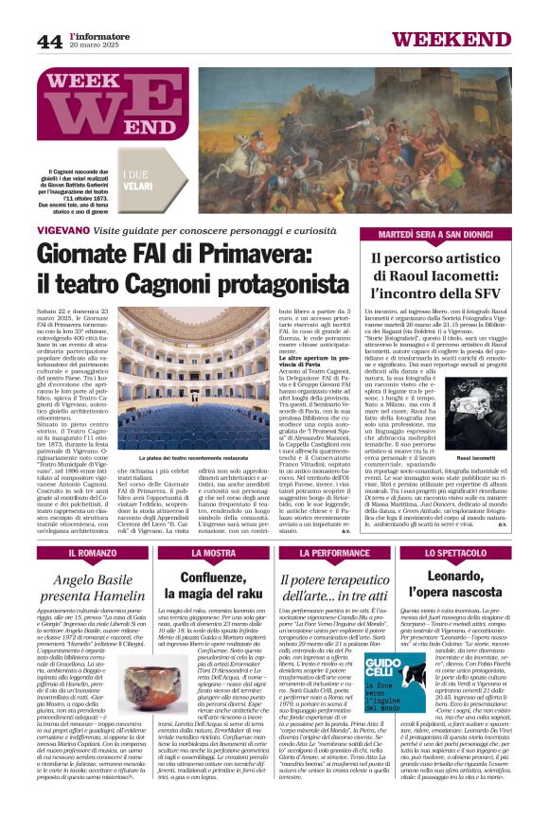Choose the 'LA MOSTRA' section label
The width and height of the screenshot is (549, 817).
tap(213, 551)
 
